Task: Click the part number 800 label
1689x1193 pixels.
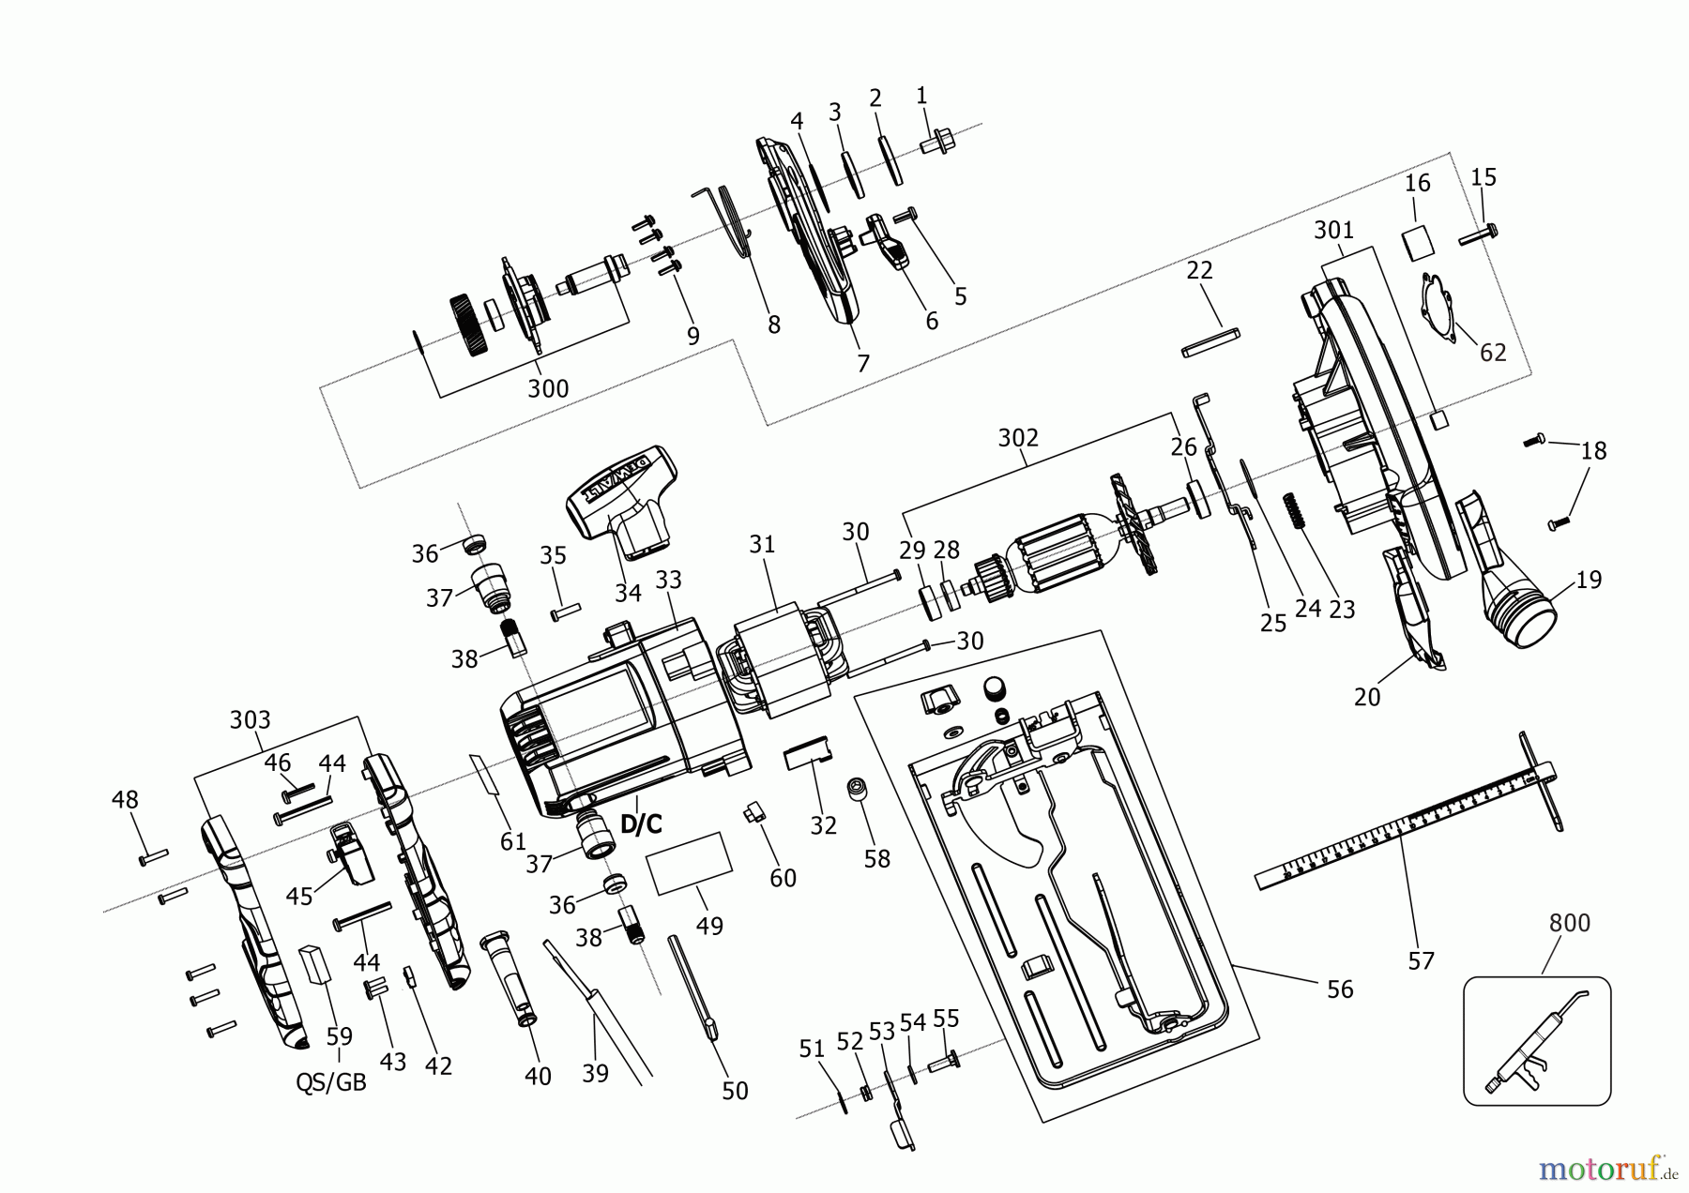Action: [1570, 923]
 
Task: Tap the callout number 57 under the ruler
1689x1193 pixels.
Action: [1422, 960]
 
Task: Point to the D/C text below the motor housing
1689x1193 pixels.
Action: [641, 824]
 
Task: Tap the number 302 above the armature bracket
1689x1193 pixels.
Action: [1018, 438]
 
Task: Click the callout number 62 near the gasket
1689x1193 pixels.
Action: [1492, 353]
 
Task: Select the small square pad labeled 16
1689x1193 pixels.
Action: [1419, 242]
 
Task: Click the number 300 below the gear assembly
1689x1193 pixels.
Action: [547, 387]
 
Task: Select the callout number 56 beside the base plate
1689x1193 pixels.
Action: [1340, 989]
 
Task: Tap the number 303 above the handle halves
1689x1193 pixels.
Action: [250, 719]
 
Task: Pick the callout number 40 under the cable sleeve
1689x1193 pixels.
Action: [538, 1077]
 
